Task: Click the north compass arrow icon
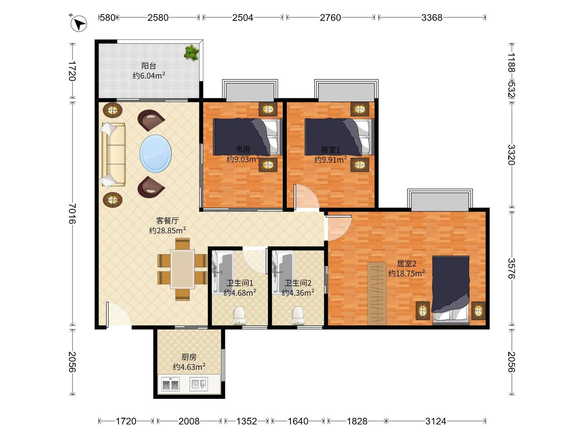(79, 24)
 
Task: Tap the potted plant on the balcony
(192, 53)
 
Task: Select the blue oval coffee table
(155, 154)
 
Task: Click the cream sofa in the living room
(114, 155)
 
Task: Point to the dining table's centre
(182, 269)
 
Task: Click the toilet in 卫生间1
(239, 315)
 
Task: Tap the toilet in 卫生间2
(298, 315)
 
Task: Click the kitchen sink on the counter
(199, 384)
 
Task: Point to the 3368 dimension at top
(432, 18)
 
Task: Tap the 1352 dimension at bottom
(246, 421)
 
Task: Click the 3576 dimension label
(511, 268)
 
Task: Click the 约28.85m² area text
(167, 230)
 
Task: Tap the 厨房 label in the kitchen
(189, 357)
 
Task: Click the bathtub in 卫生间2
(283, 273)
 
